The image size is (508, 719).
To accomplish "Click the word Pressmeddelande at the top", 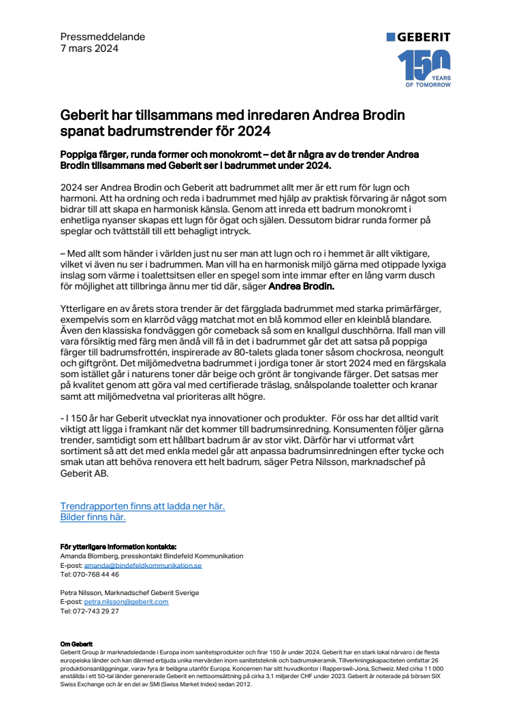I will (x=102, y=37).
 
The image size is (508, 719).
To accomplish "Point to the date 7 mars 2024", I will (x=89, y=48).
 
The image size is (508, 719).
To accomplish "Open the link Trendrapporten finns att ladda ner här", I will (x=142, y=506).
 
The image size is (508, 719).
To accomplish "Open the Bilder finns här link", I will (x=93, y=517).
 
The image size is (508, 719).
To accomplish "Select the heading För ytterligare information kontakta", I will (x=118, y=547).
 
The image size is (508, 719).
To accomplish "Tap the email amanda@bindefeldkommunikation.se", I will (x=142, y=565).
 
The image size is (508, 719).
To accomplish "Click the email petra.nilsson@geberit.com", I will (x=126, y=602).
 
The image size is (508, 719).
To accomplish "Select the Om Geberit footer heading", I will (x=76, y=643).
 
